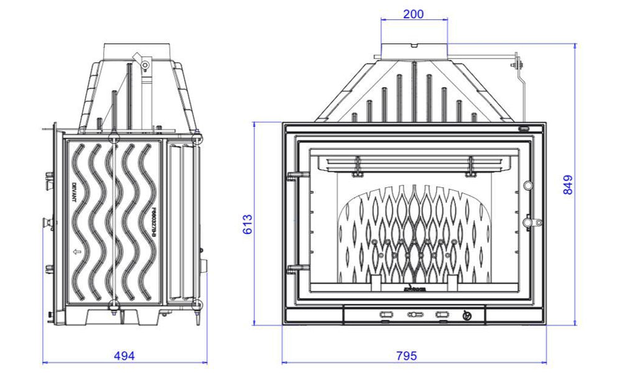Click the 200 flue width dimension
[414, 14]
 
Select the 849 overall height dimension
[569, 185]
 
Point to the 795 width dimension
[406, 355]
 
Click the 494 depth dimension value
[124, 355]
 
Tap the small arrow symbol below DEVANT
[76, 252]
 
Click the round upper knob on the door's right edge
[528, 185]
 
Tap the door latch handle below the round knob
[529, 222]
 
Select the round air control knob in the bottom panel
[468, 316]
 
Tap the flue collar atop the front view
[414, 50]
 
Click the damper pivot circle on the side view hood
[144, 65]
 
